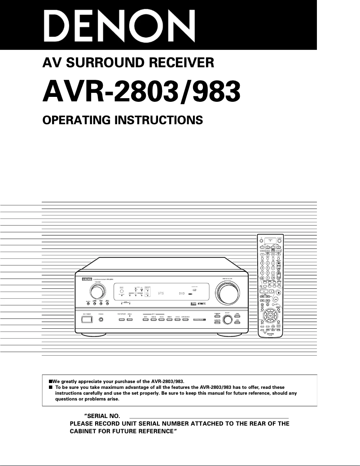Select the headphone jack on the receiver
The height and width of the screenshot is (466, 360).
tap(101, 320)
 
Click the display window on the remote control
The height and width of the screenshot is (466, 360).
tap(270, 241)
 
